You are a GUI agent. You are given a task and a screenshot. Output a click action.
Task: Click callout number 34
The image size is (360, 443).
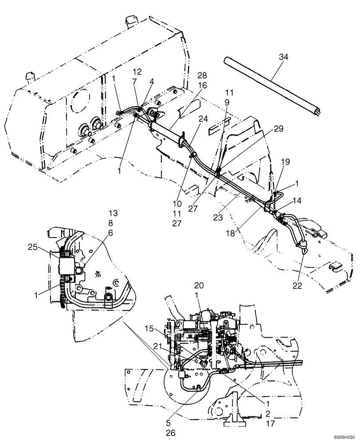(x=283, y=56)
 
